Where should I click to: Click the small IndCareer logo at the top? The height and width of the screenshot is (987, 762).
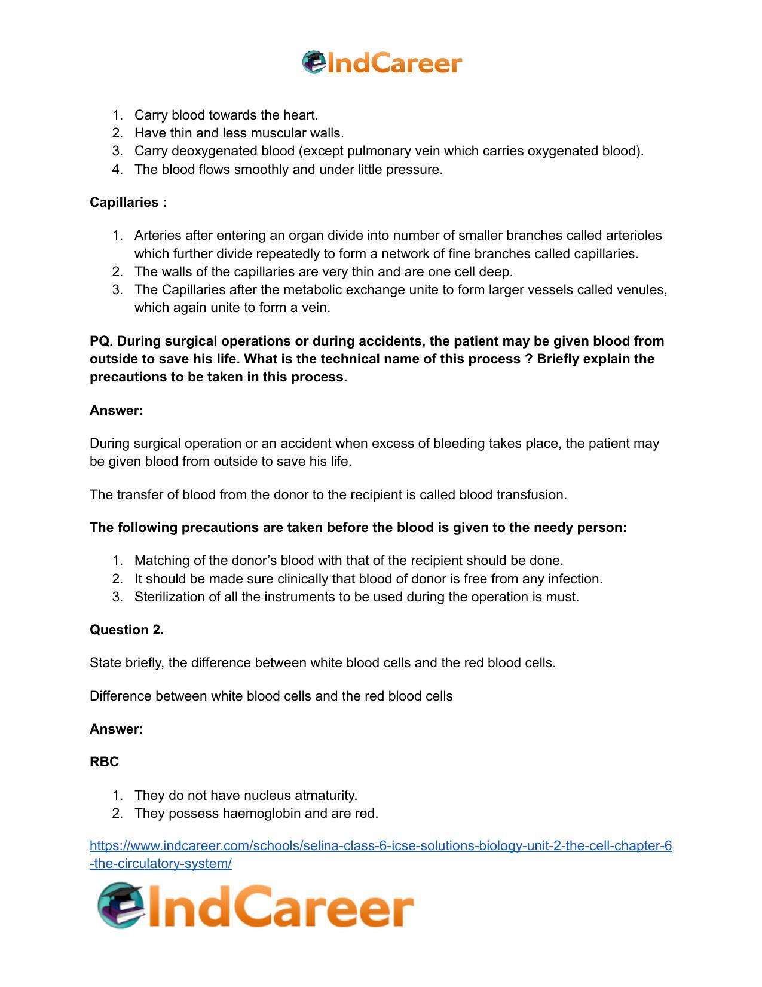381,62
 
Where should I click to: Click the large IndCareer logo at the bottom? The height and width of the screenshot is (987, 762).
255,906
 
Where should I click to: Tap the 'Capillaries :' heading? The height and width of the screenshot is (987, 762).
128,202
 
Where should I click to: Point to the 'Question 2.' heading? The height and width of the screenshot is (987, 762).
127,630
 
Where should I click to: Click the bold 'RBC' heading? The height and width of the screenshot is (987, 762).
104,762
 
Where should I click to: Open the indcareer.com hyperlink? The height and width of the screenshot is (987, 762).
381,846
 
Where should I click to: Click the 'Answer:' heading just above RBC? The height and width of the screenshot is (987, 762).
117,729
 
